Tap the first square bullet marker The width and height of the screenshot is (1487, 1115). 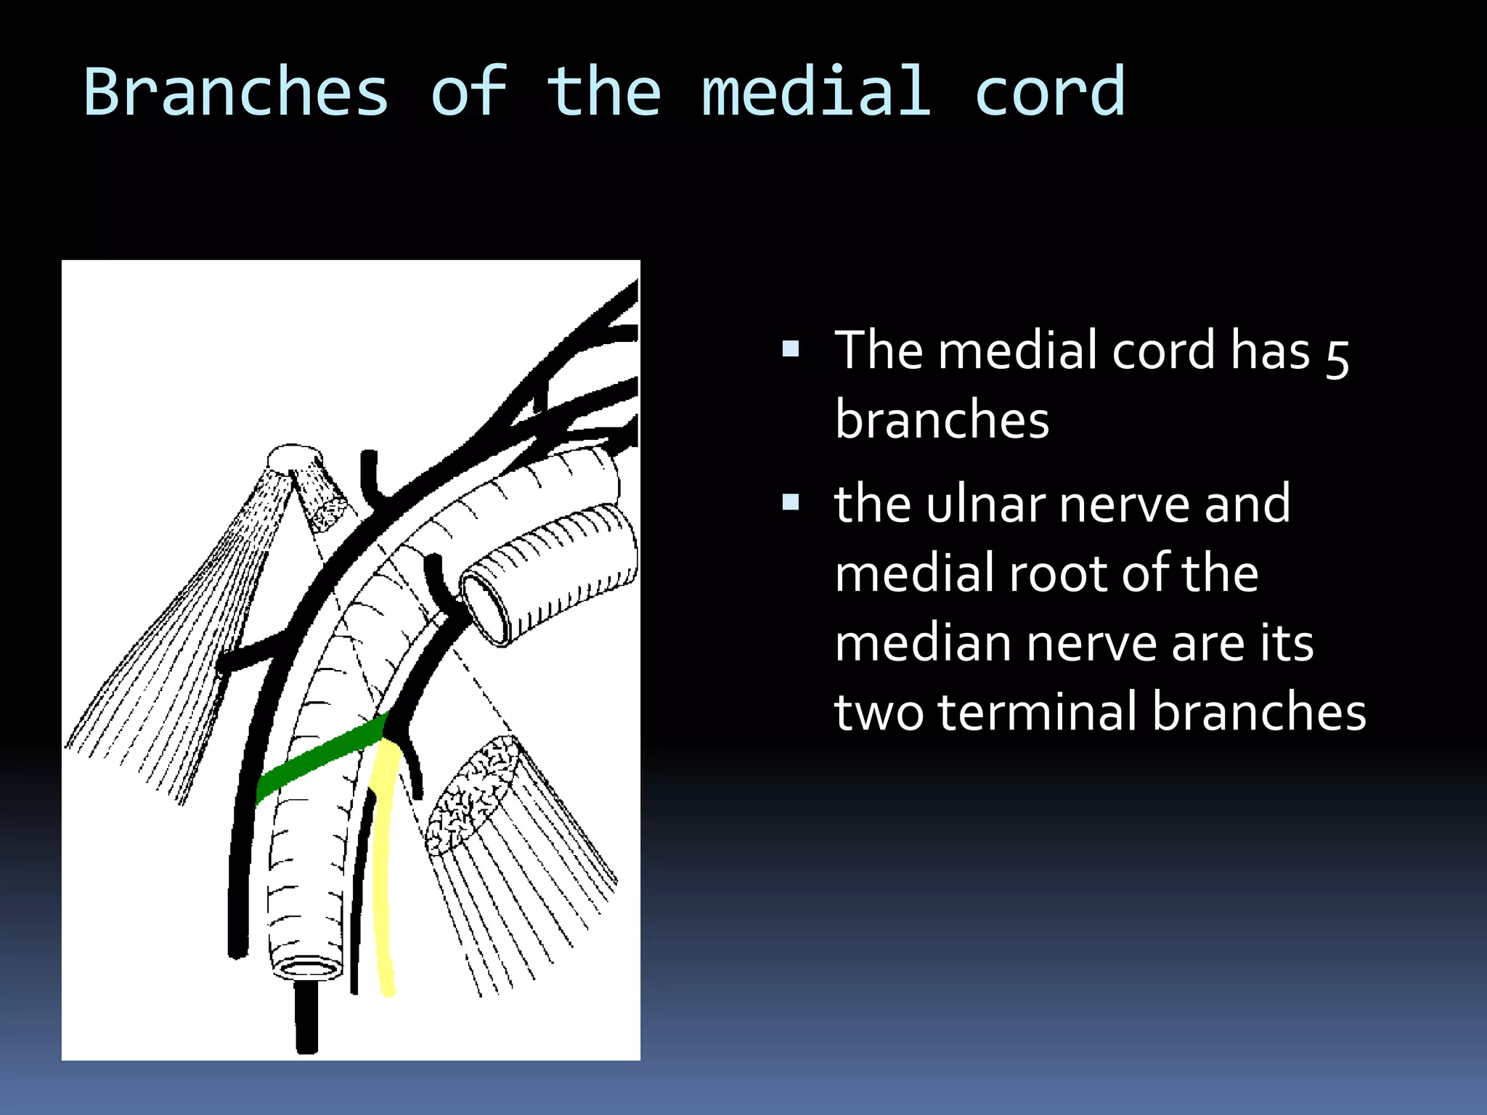coord(791,350)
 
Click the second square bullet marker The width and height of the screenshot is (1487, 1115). coord(791,502)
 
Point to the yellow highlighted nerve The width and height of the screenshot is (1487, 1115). coord(382,871)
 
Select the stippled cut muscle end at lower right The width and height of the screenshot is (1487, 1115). coord(472,795)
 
